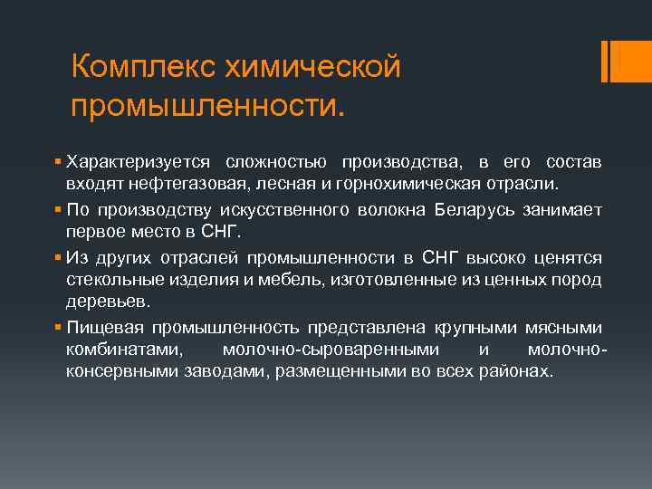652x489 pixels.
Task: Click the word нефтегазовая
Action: tap(177, 186)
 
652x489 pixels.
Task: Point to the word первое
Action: tap(93, 233)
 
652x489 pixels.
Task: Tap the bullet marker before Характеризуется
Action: tap(57, 162)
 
